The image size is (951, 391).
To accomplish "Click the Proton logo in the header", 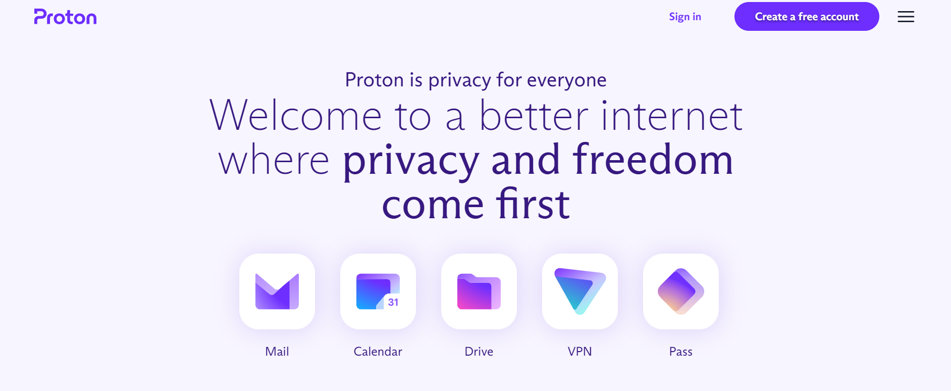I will coord(65,17).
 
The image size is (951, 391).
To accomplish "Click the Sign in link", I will coord(685,17).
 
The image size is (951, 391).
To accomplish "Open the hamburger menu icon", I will coord(906,17).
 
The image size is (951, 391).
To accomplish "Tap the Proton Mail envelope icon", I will coord(277,291).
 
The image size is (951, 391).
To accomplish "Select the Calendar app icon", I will coord(378,291).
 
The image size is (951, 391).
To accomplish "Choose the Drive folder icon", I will coord(479,291).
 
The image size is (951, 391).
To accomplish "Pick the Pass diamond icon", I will coord(681,291).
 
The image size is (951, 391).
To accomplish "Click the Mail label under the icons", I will coord(277,352).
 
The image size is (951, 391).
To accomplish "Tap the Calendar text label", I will coord(378,352).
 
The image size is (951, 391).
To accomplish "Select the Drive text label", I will coord(479,352).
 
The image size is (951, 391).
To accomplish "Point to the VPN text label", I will coord(579,352).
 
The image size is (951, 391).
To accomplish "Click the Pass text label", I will coord(680,352).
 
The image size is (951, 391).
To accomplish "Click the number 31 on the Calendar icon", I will coord(393,302).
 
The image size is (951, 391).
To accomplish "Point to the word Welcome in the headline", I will coord(295,116).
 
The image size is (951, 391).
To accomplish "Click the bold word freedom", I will coord(653,160).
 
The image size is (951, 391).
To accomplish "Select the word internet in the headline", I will coord(672,116).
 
